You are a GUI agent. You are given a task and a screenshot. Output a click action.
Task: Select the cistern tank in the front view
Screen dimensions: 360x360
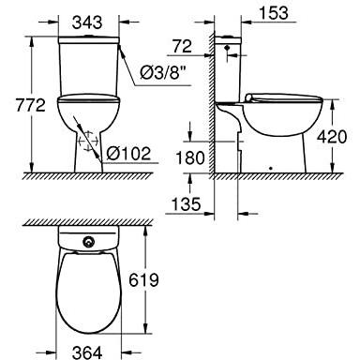click(90, 66)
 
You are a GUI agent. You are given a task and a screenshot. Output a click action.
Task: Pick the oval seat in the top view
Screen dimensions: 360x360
click(90, 291)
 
